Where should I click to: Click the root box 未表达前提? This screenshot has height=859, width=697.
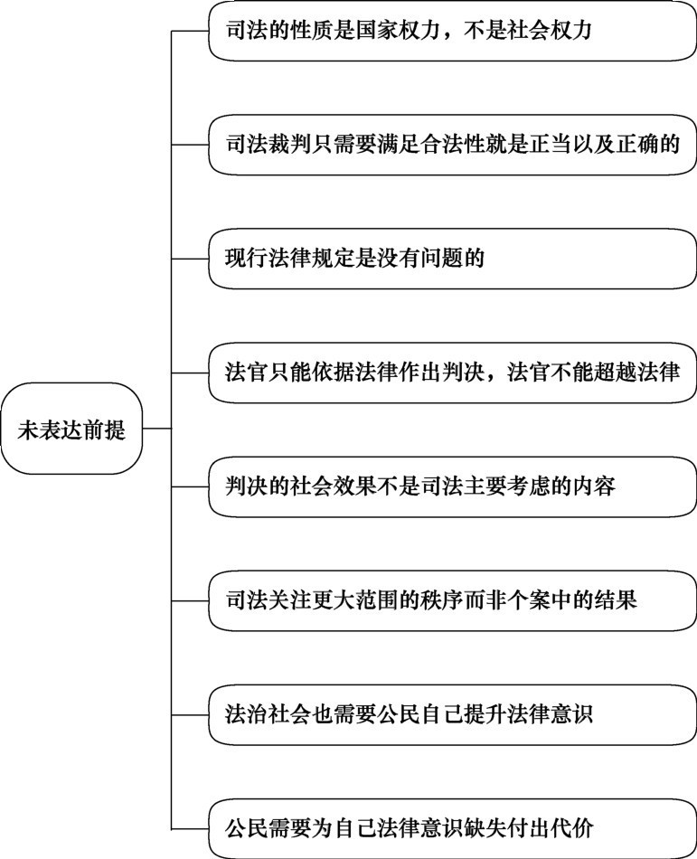(71, 429)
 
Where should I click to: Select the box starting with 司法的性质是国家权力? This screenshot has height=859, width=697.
(452, 31)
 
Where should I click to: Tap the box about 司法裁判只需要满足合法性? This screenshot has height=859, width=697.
(452, 145)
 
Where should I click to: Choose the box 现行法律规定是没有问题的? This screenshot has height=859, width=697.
(452, 259)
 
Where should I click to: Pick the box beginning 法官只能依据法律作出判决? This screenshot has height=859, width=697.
(452, 373)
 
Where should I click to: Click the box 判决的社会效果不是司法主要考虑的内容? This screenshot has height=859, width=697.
(452, 487)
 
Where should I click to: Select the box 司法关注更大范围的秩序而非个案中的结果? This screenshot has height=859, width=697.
(452, 601)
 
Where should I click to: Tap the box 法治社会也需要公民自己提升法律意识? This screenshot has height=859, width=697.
(452, 715)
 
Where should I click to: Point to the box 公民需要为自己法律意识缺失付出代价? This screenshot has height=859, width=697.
(452, 829)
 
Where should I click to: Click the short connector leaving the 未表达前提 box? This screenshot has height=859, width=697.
(157, 429)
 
